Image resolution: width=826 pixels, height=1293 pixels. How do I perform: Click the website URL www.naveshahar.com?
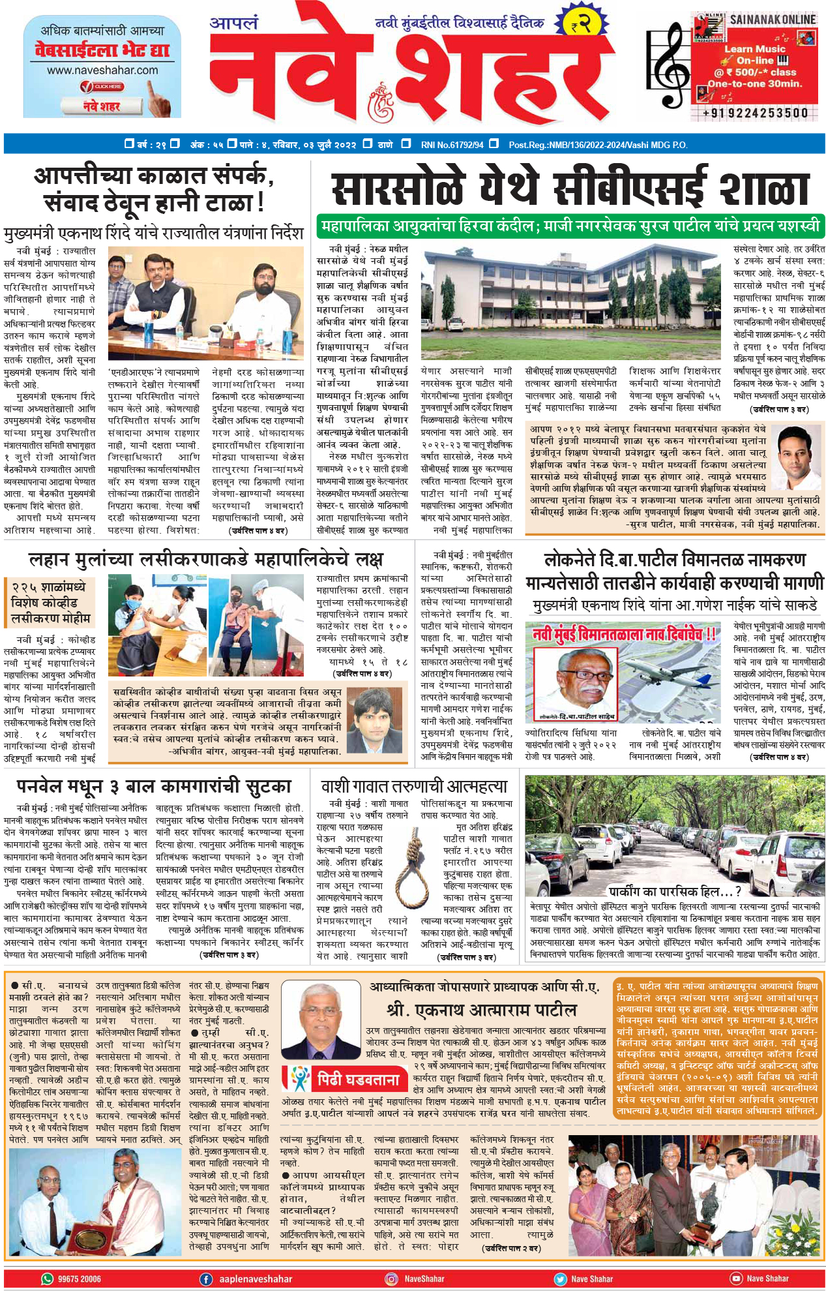pyautogui.click(x=102, y=70)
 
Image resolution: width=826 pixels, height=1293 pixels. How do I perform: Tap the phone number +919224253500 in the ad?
pyautogui.click(x=755, y=113)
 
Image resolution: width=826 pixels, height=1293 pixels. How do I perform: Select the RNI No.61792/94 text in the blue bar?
pyautogui.click(x=452, y=144)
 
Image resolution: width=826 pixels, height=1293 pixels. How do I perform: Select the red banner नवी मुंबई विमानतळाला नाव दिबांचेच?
pyautogui.click(x=623, y=633)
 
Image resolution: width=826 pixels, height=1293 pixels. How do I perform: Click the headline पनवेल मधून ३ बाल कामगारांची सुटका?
pyautogui.click(x=154, y=786)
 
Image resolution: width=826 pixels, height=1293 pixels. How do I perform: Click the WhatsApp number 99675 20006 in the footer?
pyautogui.click(x=79, y=1279)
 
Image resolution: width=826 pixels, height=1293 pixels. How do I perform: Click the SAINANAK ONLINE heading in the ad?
pyautogui.click(x=772, y=20)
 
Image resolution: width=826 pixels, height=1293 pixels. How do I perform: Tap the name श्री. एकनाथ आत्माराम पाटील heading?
pyautogui.click(x=482, y=1010)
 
